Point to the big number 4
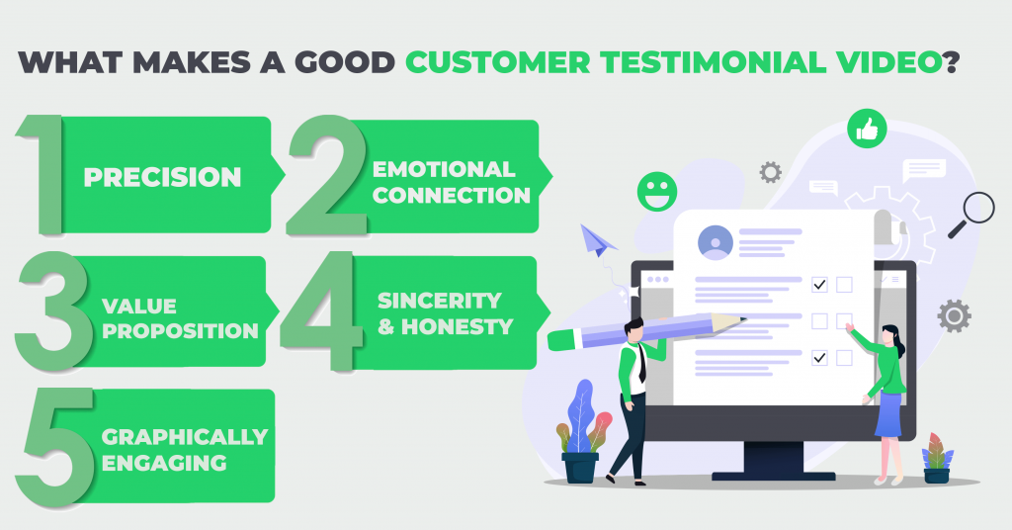(x=321, y=311)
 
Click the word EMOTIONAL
(x=444, y=169)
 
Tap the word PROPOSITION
(x=180, y=330)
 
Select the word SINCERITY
(x=440, y=301)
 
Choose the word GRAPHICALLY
(x=185, y=437)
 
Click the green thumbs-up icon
(x=867, y=130)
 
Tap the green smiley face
(x=657, y=192)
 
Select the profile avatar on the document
(x=716, y=242)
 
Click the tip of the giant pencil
(x=745, y=319)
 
